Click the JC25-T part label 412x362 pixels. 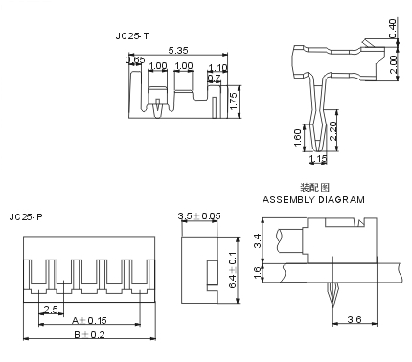pos(132,36)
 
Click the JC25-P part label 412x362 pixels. pos(26,217)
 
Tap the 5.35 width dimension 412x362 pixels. pos(178,50)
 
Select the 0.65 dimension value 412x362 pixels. pos(135,59)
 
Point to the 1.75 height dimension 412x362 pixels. pos(234,102)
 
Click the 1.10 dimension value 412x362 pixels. pos(217,68)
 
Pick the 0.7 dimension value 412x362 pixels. pos(214,78)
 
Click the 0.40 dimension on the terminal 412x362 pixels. pos(393,29)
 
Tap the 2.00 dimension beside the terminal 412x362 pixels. pos(393,65)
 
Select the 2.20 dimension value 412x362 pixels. pos(332,131)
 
